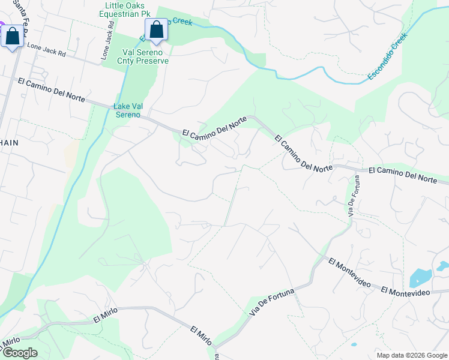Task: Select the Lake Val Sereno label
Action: click(128, 110)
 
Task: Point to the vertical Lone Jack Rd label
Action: click(107, 42)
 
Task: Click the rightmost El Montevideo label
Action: click(405, 292)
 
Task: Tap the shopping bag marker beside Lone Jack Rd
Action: click(12, 36)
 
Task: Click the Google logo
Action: click(19, 352)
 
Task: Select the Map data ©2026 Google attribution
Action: click(411, 355)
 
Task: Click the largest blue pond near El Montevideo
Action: click(420, 278)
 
